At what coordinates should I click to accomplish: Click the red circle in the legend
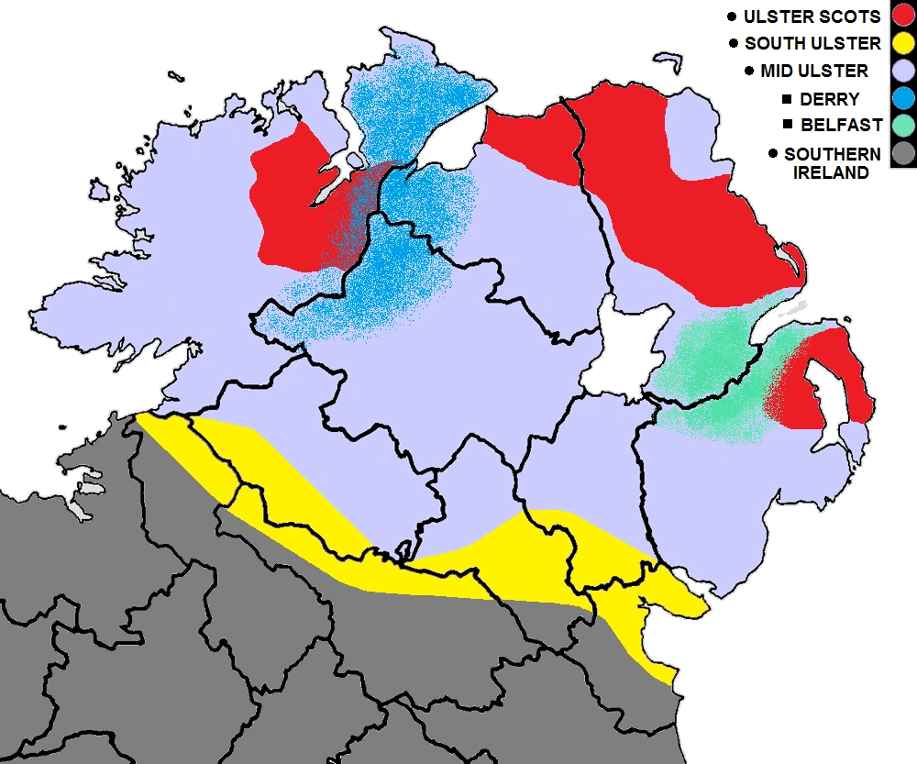[902, 16]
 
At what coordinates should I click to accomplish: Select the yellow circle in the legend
[902, 43]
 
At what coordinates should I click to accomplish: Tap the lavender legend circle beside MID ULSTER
[902, 71]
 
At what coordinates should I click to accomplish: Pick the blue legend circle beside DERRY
[902, 98]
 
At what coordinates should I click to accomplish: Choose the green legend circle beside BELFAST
[902, 126]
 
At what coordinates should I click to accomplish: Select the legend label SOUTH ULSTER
[812, 43]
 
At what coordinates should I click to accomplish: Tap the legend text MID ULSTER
[814, 71]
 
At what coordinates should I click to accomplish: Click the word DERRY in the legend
[829, 99]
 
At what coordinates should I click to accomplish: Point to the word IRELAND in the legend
[830, 172]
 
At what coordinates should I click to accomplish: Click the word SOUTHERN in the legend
[832, 154]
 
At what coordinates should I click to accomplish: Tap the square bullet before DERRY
[786, 99]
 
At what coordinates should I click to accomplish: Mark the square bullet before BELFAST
[786, 125]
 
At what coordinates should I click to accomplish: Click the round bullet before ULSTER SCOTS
[731, 17]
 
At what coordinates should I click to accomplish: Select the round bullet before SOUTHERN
[774, 154]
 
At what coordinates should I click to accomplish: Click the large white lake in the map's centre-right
[624, 353]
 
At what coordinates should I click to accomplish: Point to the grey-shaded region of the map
[275, 660]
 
